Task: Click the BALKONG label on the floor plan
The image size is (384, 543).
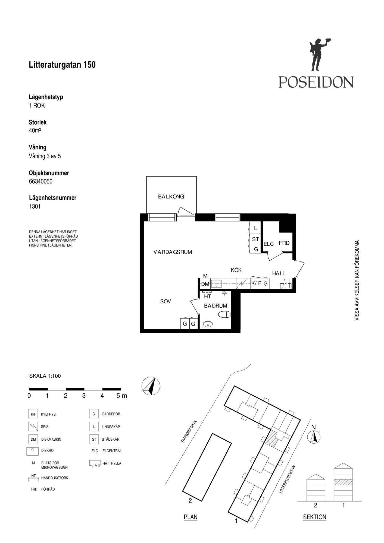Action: [171, 197]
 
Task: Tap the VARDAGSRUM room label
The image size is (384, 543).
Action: [173, 252]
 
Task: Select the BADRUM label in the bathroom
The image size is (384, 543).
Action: [216, 306]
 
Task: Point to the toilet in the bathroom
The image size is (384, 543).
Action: [224, 314]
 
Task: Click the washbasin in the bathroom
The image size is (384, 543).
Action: [208, 325]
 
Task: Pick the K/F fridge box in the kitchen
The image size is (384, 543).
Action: [256, 283]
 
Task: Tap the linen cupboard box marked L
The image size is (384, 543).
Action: [255, 228]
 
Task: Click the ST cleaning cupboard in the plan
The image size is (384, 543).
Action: [255, 239]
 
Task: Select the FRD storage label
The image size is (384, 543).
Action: [284, 243]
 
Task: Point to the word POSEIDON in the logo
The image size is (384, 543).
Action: [316, 82]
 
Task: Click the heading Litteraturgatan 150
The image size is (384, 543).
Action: [62, 65]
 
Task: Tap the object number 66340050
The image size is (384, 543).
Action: [41, 181]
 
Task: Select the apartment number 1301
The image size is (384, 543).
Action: [35, 206]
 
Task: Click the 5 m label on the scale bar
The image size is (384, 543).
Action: [122, 396]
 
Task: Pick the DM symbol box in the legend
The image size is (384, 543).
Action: [33, 439]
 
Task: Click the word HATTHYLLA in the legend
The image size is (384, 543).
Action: [112, 463]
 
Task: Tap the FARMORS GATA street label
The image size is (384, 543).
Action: [189, 432]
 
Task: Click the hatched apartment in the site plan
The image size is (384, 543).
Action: [271, 437]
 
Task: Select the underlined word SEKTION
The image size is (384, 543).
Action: [314, 517]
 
